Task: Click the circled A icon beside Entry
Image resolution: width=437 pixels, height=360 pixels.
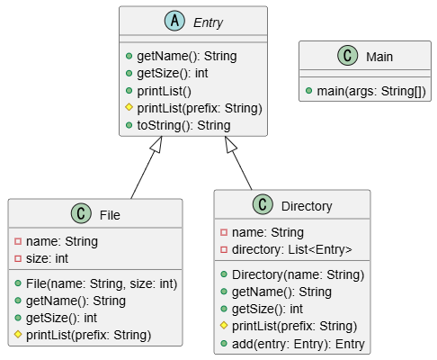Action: tap(174, 21)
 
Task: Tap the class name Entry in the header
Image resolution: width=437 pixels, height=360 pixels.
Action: tap(208, 22)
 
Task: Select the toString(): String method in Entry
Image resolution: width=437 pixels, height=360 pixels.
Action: tap(183, 125)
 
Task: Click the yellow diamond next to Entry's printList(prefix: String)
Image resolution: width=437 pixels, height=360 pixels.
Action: tap(129, 107)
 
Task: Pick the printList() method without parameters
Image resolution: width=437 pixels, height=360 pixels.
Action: tap(164, 91)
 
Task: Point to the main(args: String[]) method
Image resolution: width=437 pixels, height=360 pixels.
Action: tap(371, 91)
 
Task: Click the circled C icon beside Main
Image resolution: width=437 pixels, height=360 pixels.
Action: tap(348, 55)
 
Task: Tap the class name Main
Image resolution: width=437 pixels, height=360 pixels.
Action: tap(379, 57)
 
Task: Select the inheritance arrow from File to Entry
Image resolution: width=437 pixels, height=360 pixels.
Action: tap(147, 167)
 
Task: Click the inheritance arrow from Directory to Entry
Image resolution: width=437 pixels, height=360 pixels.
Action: tap(238, 163)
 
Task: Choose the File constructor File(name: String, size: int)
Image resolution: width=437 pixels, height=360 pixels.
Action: tap(102, 283)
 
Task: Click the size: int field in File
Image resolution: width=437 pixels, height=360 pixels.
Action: tap(47, 258)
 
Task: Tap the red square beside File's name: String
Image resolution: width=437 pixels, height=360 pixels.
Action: tap(18, 241)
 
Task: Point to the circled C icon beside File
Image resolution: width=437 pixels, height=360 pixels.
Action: tap(81, 213)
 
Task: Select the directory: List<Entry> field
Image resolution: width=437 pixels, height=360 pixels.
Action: tap(292, 249)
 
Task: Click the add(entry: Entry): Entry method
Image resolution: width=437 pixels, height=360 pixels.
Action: tap(299, 344)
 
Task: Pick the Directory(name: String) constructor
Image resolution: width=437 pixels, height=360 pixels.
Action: tap(298, 274)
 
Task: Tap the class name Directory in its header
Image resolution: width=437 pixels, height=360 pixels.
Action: tap(307, 206)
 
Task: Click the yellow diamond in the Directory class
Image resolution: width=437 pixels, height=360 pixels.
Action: tap(224, 326)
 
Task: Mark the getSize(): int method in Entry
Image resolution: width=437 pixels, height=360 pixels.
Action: tap(173, 74)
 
